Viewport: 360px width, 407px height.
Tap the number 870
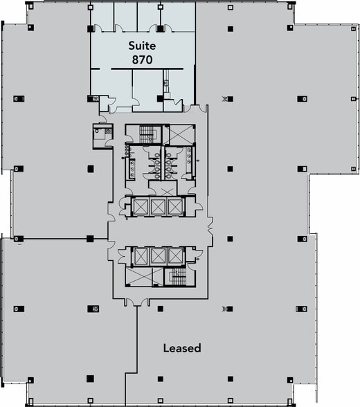pos(142,60)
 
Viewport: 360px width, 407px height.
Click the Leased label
pos(181,348)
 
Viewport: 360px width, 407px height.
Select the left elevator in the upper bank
pos(141,206)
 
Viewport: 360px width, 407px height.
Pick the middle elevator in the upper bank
pos(159,206)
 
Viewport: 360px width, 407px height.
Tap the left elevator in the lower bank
pos(141,256)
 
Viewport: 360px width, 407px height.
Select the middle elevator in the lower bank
pos(159,256)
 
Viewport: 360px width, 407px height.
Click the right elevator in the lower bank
pos(176,256)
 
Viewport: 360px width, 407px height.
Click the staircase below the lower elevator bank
pos(177,278)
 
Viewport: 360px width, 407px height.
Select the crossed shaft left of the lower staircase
pos(143,278)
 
